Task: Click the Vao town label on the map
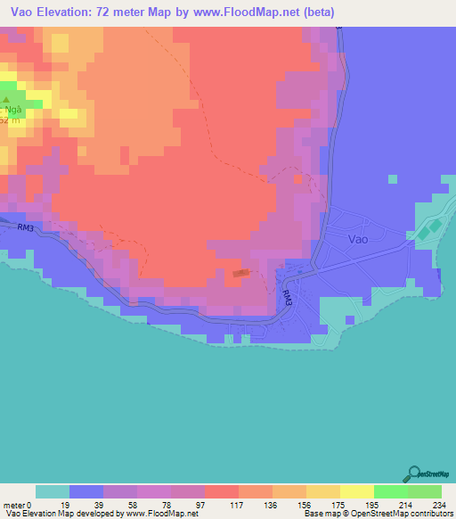357,239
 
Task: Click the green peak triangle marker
6,101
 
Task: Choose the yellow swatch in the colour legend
356,491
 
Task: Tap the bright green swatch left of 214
390,491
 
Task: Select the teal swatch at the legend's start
53,491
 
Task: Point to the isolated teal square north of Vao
392,178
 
